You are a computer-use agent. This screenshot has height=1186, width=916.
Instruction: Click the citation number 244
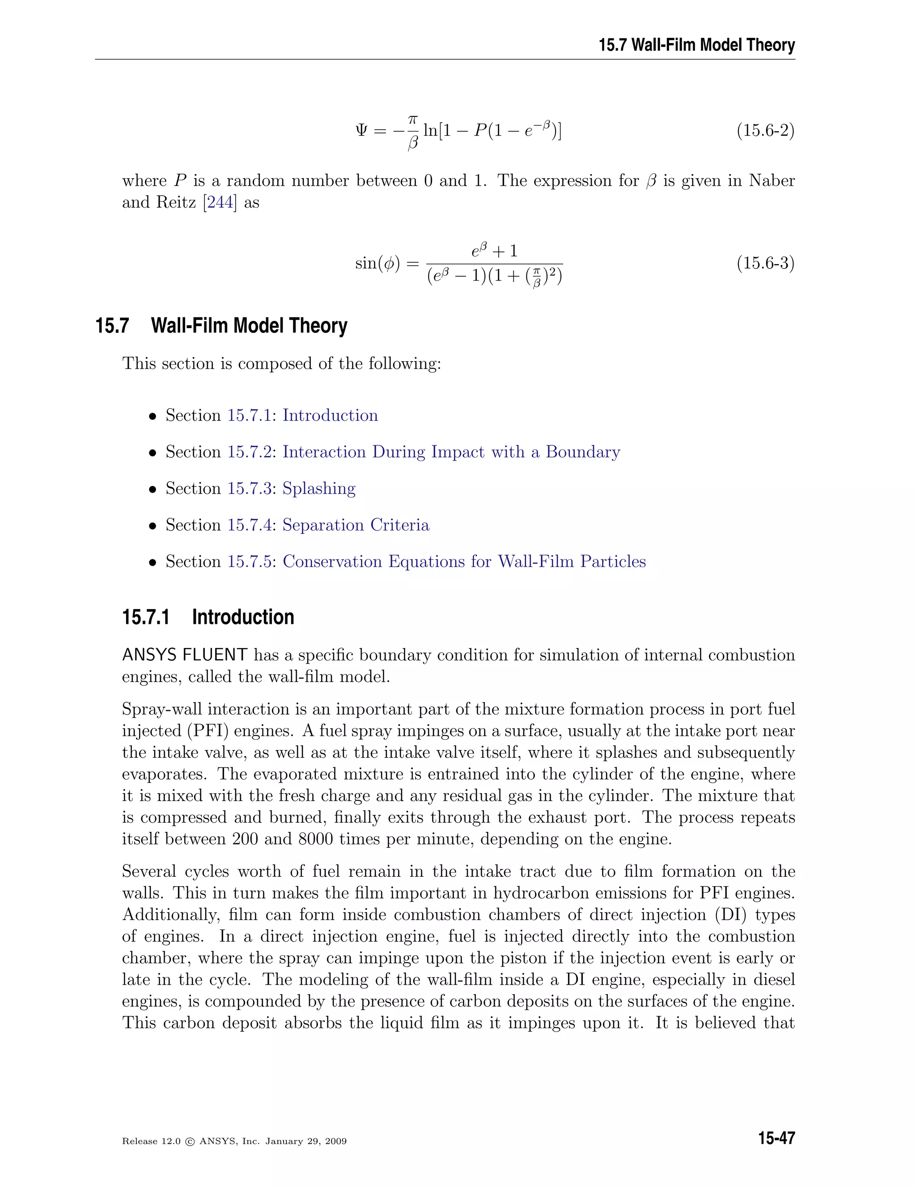coord(220,203)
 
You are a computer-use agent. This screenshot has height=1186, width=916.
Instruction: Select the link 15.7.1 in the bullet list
coord(249,415)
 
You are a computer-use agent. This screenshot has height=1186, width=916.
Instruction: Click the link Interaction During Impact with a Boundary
coord(451,452)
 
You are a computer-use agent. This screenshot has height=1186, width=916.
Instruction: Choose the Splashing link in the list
coord(319,488)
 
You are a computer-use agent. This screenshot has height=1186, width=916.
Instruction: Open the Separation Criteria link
coord(356,525)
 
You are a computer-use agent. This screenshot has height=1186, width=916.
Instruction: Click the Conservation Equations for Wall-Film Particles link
coord(464,562)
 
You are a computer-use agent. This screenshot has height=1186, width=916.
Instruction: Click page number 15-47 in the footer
coord(776,1138)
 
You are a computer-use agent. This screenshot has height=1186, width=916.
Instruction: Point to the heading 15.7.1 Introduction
coord(208,618)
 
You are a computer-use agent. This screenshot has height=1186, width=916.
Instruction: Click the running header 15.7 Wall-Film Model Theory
coord(697,44)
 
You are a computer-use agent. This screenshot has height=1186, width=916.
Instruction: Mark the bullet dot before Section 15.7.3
coord(153,489)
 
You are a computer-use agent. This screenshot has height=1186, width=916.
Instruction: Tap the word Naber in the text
coord(772,181)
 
